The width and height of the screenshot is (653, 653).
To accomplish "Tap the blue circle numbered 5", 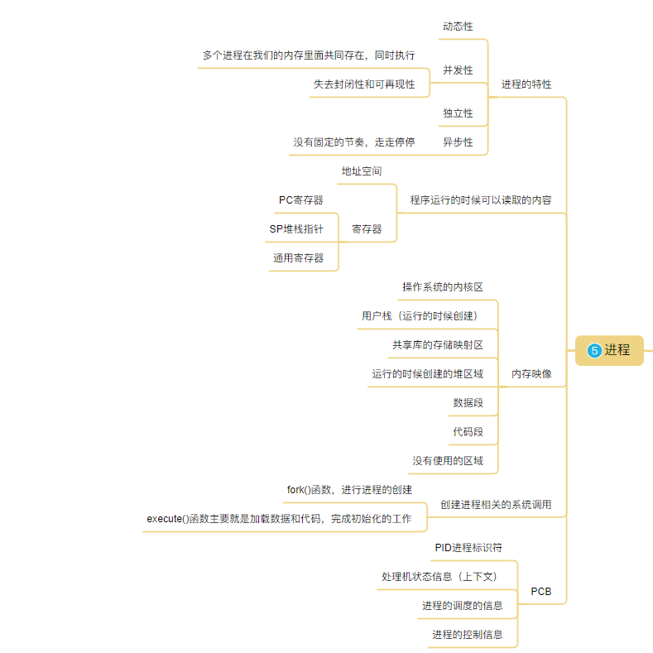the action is point(594,350).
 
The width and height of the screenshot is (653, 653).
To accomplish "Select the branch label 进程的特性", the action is point(526,84).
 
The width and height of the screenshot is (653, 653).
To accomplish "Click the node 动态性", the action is point(458,26).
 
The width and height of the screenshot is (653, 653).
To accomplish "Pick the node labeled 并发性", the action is point(458,70).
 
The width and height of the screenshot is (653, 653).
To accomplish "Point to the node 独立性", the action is point(458,113).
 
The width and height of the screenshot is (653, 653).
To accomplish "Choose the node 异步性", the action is point(458,142).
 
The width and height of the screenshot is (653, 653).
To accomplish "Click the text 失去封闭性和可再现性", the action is point(364,84).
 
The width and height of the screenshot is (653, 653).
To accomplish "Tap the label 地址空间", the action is point(362,170).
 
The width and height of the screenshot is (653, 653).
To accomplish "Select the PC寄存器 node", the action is point(301,199).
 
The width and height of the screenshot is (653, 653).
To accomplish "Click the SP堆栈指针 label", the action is point(296,228).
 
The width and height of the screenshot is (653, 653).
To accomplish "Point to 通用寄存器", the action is point(298,257).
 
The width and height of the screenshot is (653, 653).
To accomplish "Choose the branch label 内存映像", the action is point(531,373).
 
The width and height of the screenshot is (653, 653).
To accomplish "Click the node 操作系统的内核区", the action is point(443,286).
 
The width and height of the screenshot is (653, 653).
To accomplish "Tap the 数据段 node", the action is point(468,402).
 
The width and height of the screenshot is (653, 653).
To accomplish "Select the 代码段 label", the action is point(468,431).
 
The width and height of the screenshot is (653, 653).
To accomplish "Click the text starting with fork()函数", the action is point(349,489).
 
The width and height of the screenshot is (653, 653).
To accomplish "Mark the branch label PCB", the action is point(540,592).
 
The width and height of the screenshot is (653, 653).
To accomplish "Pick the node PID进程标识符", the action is point(468,547).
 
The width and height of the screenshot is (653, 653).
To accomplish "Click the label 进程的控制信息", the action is point(467,634).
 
